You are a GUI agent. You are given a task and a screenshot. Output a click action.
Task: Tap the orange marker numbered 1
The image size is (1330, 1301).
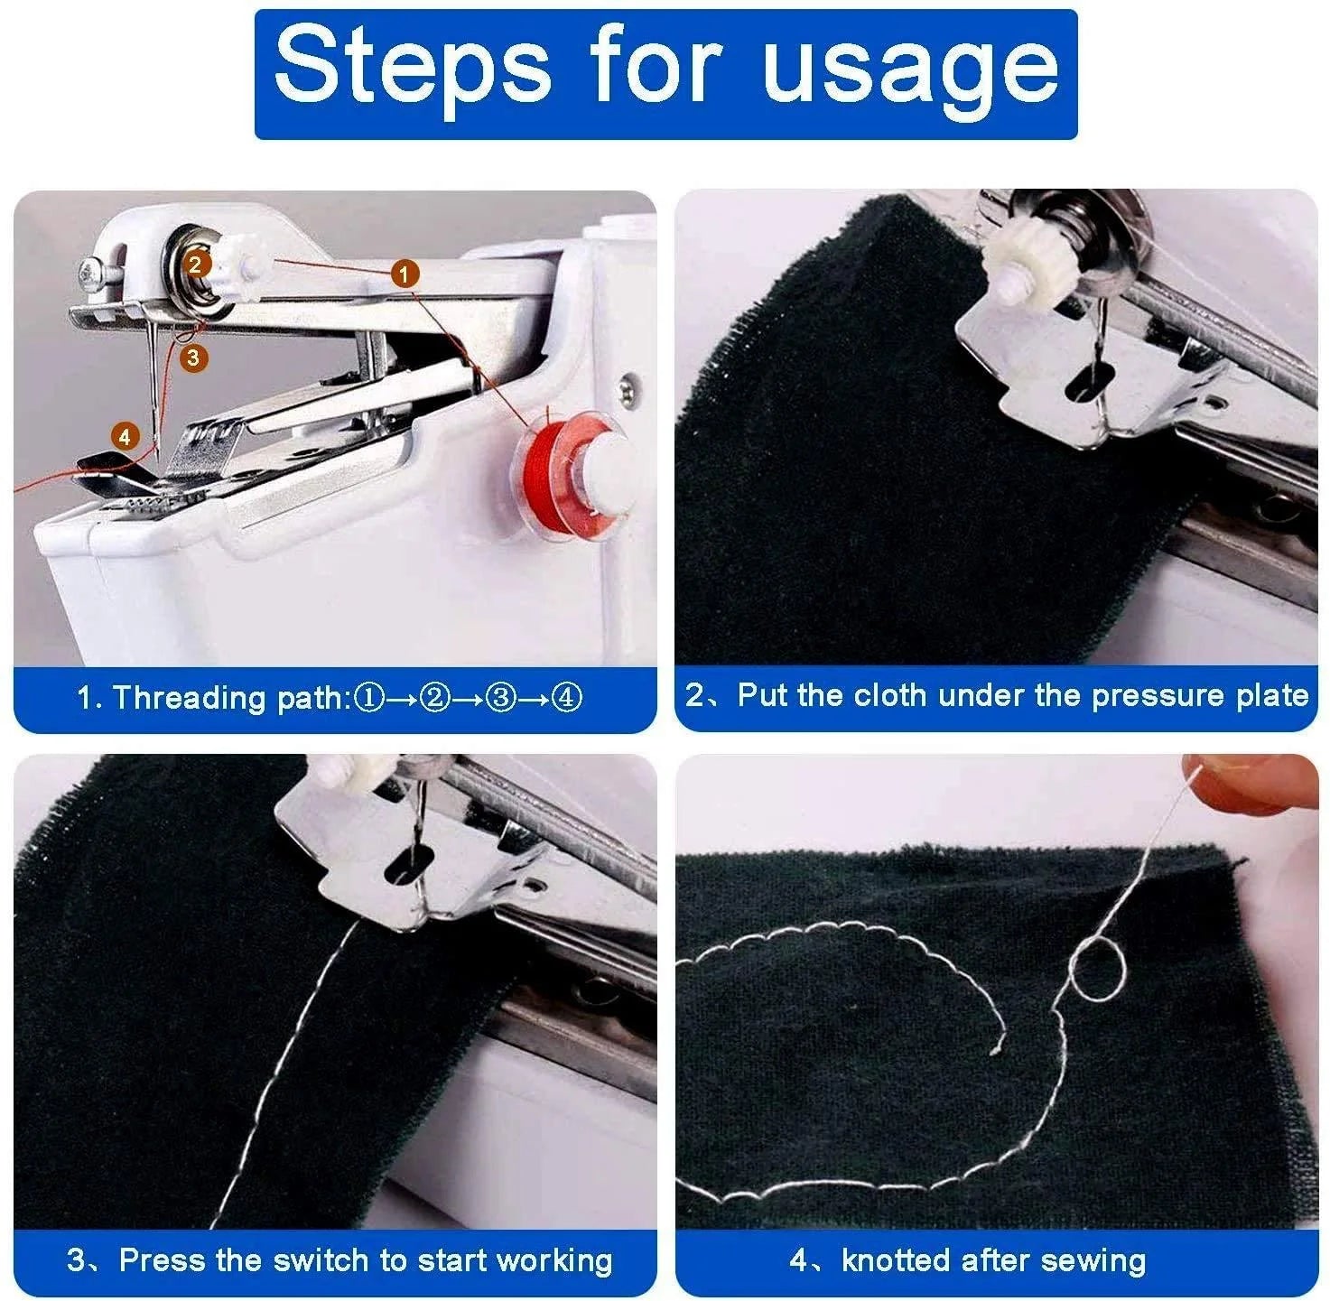point(405,273)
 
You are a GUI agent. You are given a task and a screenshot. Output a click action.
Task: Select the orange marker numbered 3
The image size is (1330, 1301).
point(193,358)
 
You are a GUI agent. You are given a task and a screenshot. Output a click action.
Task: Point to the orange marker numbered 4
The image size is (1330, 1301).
point(126,437)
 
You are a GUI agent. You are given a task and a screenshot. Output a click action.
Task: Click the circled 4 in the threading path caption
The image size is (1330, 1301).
point(566,698)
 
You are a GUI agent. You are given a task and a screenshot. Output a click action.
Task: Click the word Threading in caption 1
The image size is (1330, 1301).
point(189,699)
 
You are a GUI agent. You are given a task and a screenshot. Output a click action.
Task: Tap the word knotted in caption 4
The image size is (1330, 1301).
point(896,1259)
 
